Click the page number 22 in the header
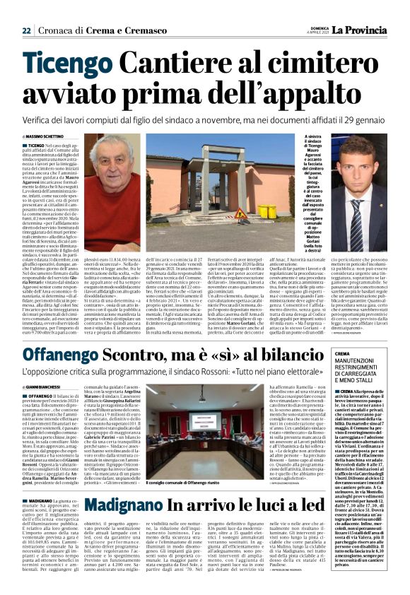coord(26,30)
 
